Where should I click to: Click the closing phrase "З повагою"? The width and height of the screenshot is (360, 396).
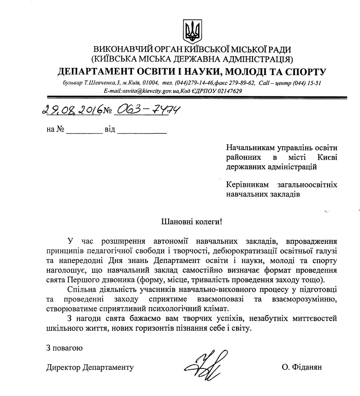(x=64, y=348)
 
